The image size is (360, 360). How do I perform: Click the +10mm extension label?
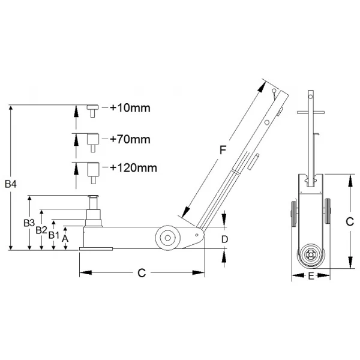(130, 108)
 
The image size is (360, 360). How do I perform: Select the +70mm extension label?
(130, 139)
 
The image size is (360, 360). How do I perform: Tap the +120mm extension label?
(133, 168)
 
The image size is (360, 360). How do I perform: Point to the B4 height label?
(11, 184)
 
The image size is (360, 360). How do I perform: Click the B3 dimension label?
(29, 223)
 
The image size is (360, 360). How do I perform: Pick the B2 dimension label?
(41, 230)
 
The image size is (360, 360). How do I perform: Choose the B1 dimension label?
(54, 235)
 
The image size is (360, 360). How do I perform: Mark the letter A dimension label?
(65, 239)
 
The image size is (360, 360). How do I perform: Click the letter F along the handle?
(223, 150)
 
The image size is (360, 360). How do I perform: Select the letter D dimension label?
(224, 239)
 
